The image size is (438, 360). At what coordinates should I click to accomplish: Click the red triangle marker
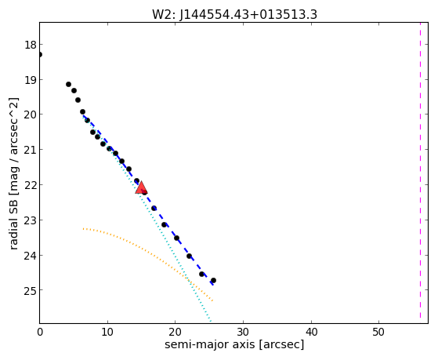click(x=141, y=187)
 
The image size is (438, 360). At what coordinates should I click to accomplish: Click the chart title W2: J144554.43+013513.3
click(x=234, y=15)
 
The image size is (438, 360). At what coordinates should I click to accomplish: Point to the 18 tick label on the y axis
click(x=31, y=45)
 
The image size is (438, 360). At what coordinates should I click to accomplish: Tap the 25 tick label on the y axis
click(x=31, y=290)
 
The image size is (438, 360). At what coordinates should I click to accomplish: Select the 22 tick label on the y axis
click(x=31, y=185)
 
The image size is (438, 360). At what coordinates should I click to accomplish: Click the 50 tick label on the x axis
click(x=378, y=332)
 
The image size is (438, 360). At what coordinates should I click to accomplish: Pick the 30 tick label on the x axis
click(x=243, y=332)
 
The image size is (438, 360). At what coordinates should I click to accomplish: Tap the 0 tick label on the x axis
click(x=40, y=332)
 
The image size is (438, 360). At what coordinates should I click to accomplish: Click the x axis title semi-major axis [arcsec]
click(x=234, y=344)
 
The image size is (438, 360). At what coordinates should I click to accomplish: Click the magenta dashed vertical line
click(x=420, y=171)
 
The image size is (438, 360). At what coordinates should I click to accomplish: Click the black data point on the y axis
click(x=40, y=54)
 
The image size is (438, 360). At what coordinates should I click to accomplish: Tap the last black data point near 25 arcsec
click(x=213, y=280)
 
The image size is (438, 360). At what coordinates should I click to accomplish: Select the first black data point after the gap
click(x=68, y=84)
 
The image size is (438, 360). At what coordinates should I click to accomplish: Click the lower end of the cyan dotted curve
click(x=210, y=322)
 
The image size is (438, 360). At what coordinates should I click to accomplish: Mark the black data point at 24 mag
click(x=189, y=256)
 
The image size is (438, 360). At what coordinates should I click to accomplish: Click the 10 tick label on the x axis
click(x=107, y=332)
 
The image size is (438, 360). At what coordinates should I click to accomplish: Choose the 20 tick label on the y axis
click(x=31, y=115)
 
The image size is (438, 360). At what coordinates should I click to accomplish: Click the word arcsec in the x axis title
click(x=281, y=344)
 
